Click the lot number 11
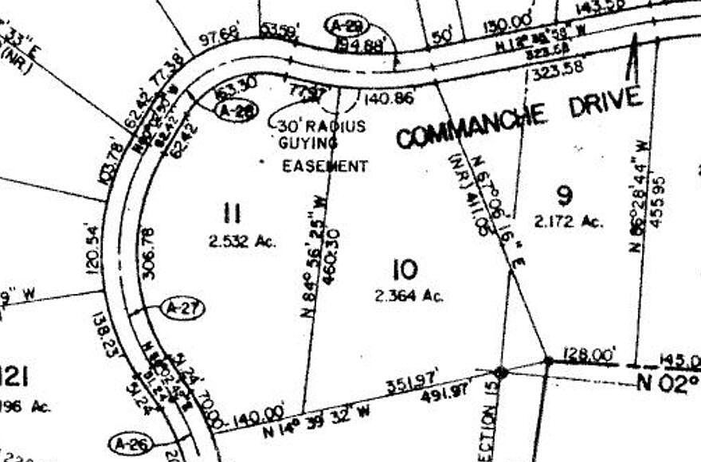(x=233, y=213)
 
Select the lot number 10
(x=405, y=269)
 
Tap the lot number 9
(x=565, y=194)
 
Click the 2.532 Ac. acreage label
(x=242, y=241)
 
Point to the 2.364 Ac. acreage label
(x=409, y=296)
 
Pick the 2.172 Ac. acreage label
(x=569, y=222)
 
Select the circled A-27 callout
(x=182, y=307)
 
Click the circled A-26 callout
(x=128, y=444)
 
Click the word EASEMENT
(x=326, y=166)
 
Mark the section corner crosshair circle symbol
(x=499, y=372)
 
